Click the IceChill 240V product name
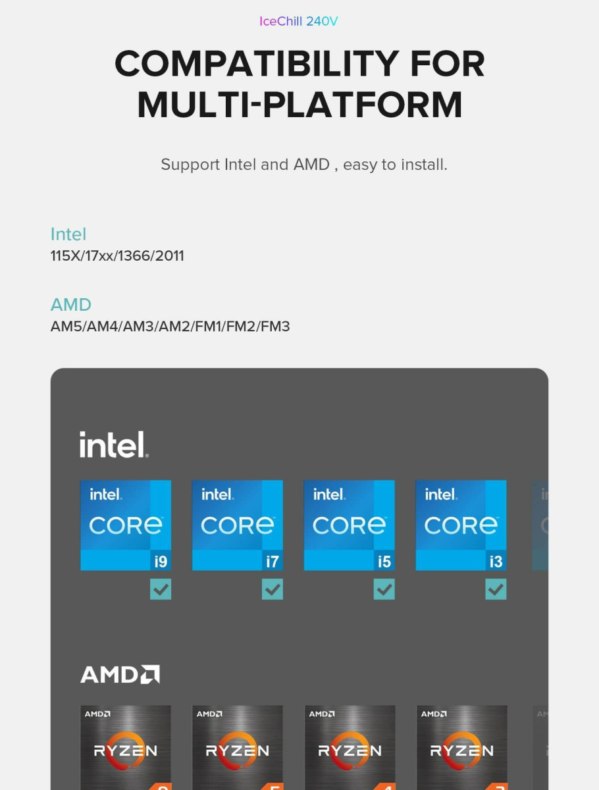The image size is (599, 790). (x=299, y=22)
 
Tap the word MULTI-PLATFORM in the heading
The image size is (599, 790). (x=299, y=105)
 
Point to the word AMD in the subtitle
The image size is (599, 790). (x=311, y=165)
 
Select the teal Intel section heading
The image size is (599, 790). (x=68, y=234)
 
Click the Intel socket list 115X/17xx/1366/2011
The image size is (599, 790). (x=117, y=256)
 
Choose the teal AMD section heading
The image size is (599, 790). (x=71, y=305)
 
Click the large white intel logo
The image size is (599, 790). (x=114, y=444)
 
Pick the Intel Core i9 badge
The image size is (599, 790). (x=126, y=525)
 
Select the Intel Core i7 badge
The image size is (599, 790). (x=238, y=525)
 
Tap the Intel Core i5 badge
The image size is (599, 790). (x=350, y=525)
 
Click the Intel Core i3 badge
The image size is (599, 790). (x=461, y=525)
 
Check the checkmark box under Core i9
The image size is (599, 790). (x=161, y=589)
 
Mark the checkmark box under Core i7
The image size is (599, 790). (x=273, y=589)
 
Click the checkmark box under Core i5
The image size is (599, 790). (x=384, y=589)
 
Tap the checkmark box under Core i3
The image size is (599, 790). (x=496, y=589)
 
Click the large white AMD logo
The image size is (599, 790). (x=120, y=674)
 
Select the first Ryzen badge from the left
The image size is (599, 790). (x=126, y=747)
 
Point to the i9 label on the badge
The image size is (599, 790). (x=161, y=562)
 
